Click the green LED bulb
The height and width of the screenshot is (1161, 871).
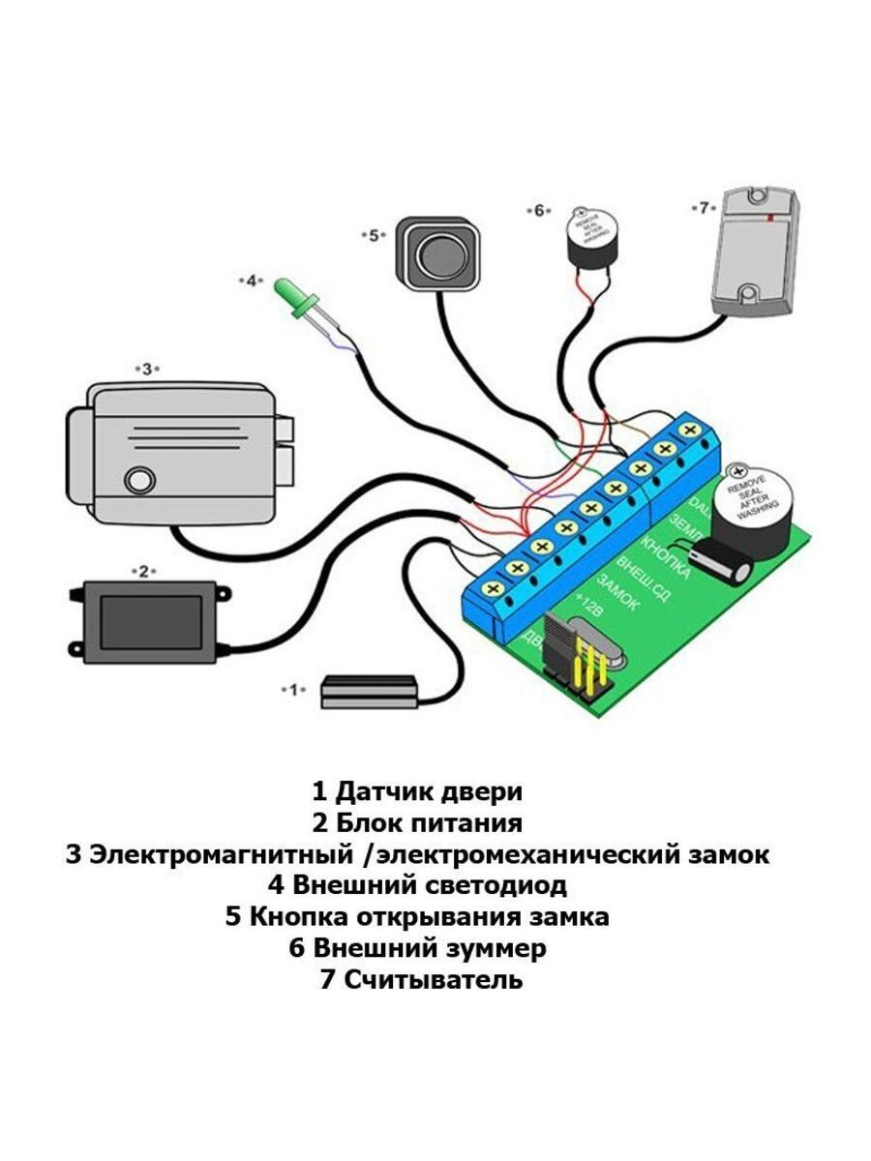point(289,293)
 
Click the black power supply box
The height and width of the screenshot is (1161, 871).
point(153,622)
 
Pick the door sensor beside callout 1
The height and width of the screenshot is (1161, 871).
point(368,691)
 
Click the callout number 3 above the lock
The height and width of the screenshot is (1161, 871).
point(145,369)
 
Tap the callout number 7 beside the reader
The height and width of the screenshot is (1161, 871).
point(704,207)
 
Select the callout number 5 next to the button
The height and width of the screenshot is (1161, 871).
point(374,234)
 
